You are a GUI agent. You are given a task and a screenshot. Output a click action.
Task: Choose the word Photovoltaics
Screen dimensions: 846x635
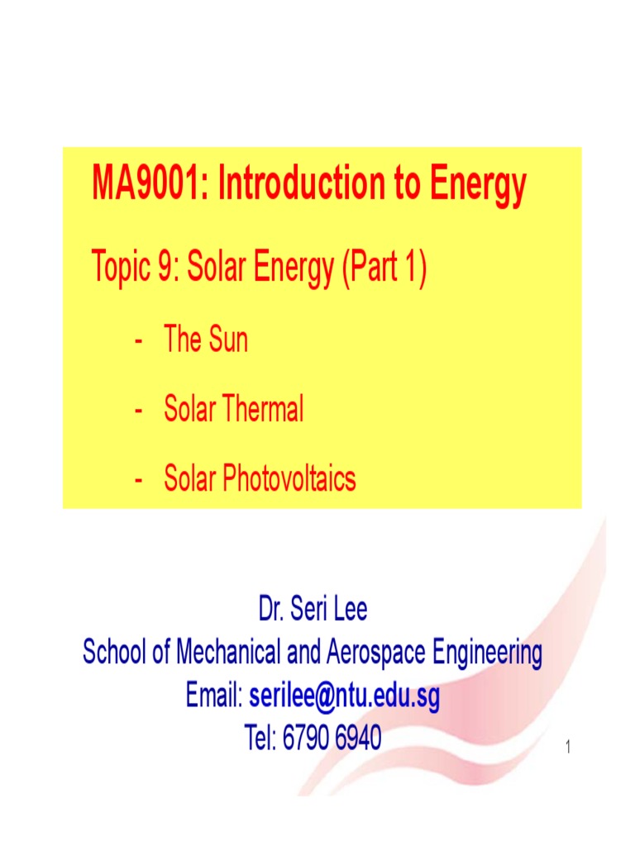(x=289, y=478)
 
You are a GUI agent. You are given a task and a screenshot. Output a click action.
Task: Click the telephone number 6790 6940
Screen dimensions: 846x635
(x=332, y=738)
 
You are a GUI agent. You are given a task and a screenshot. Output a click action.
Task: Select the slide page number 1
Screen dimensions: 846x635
(x=569, y=749)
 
